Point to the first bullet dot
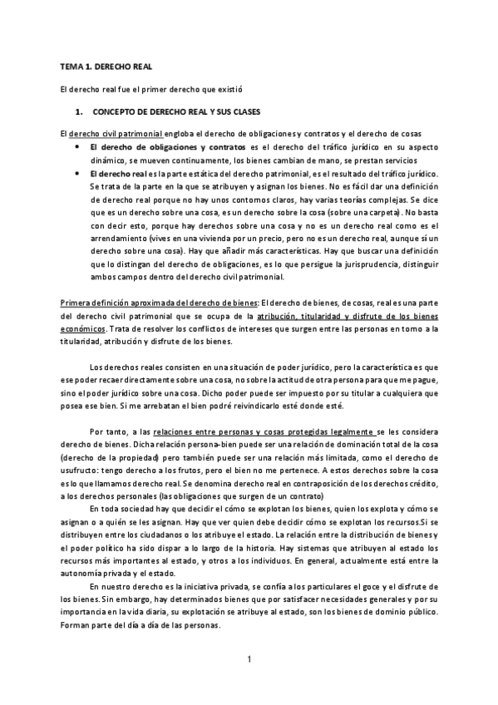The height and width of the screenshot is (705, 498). pyautogui.click(x=79, y=147)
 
